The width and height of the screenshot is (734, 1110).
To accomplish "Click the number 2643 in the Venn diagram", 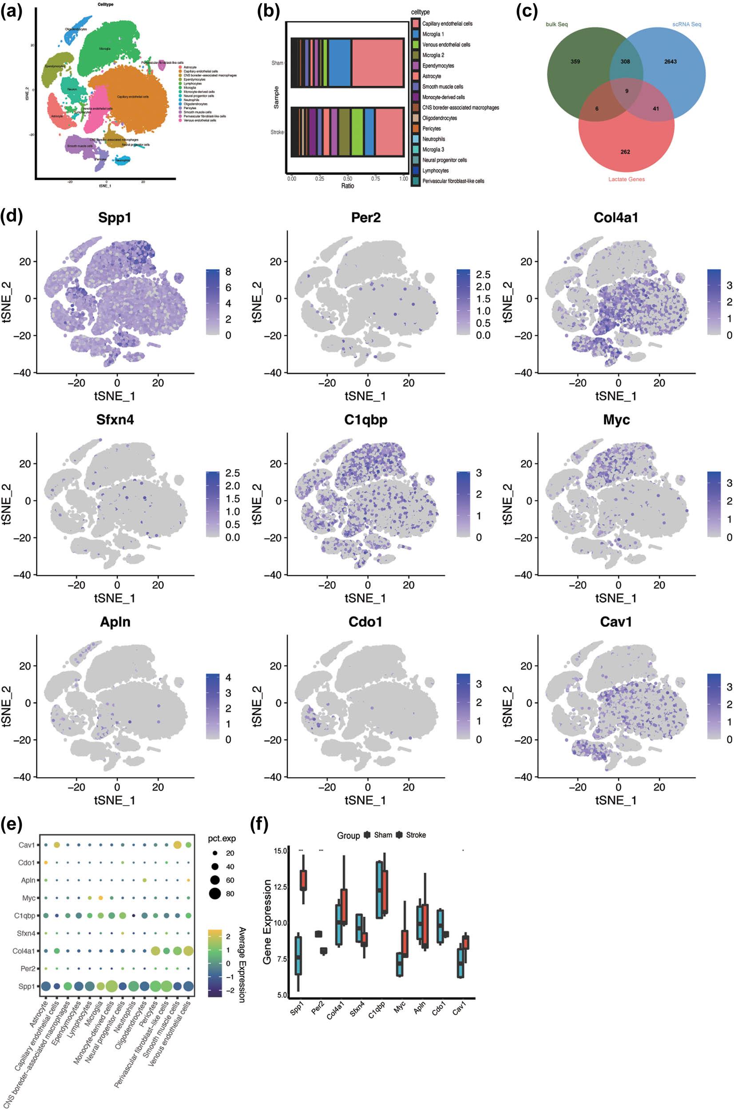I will [x=670, y=61].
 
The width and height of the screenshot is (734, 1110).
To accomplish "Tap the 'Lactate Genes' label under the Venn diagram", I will [x=627, y=179].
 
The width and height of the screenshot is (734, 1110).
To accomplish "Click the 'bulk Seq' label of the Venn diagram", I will [x=556, y=24].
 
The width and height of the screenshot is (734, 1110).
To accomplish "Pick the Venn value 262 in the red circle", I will [x=625, y=151].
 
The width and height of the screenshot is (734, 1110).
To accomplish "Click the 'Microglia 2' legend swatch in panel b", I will [x=416, y=55].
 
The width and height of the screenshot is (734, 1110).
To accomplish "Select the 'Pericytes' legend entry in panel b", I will [x=431, y=128].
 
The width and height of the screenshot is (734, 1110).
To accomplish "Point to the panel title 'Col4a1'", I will [x=615, y=218].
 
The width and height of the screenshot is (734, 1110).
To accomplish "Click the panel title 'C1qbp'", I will [x=365, y=420].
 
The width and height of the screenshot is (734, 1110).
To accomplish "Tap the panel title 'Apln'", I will [x=115, y=622].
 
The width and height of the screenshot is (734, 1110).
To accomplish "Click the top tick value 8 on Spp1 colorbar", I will [x=228, y=272].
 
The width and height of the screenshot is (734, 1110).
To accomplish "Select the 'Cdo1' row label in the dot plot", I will [x=26, y=862].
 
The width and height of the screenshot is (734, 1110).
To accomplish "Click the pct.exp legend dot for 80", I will [x=215, y=894].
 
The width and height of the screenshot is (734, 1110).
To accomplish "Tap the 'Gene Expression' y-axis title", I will [x=267, y=921].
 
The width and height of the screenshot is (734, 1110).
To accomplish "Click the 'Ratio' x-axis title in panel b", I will [x=347, y=186].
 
